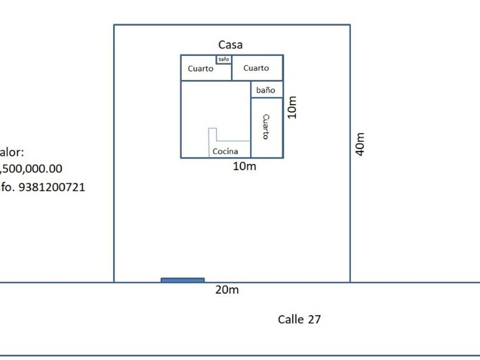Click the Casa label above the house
[230, 45]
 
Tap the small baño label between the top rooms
[223, 59]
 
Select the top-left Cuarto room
[201, 69]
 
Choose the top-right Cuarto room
[256, 68]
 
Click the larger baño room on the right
[266, 90]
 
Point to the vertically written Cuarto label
[266, 127]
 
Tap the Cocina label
[225, 151]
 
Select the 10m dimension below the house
[245, 166]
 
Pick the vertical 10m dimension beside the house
[292, 106]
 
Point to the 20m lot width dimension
[227, 290]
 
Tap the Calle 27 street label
[299, 319]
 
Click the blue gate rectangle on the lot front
[182, 280]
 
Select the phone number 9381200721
[51, 187]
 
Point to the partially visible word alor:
[11, 153]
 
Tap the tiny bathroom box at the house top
[223, 59]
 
